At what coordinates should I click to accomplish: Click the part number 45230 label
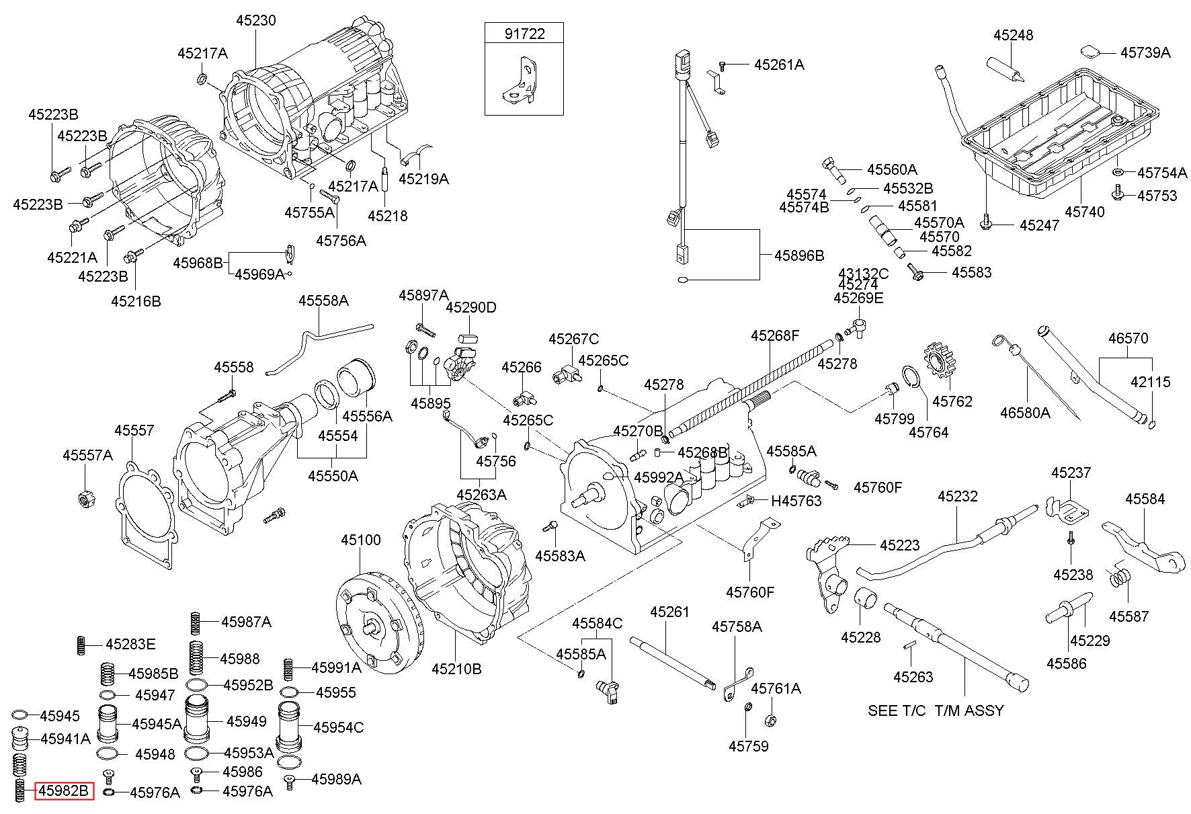tap(255, 21)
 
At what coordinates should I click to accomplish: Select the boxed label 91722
tap(524, 34)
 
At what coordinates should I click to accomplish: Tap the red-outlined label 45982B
tap(64, 792)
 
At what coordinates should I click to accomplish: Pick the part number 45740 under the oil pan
tap(1084, 212)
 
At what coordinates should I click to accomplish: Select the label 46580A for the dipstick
tap(1024, 412)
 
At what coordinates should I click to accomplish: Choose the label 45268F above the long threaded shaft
tap(775, 335)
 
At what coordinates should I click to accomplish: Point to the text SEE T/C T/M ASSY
tap(936, 710)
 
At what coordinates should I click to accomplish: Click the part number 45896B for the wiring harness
tap(798, 255)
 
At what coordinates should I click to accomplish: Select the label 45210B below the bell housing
tap(456, 669)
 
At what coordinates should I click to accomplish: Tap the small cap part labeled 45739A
tap(1088, 51)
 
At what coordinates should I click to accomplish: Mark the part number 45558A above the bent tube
tap(323, 300)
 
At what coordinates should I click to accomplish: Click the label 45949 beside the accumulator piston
tap(247, 721)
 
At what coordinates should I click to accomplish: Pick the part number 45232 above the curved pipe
tap(958, 496)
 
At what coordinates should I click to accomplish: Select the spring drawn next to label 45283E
tap(81, 645)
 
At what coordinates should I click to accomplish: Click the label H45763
tap(796, 501)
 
